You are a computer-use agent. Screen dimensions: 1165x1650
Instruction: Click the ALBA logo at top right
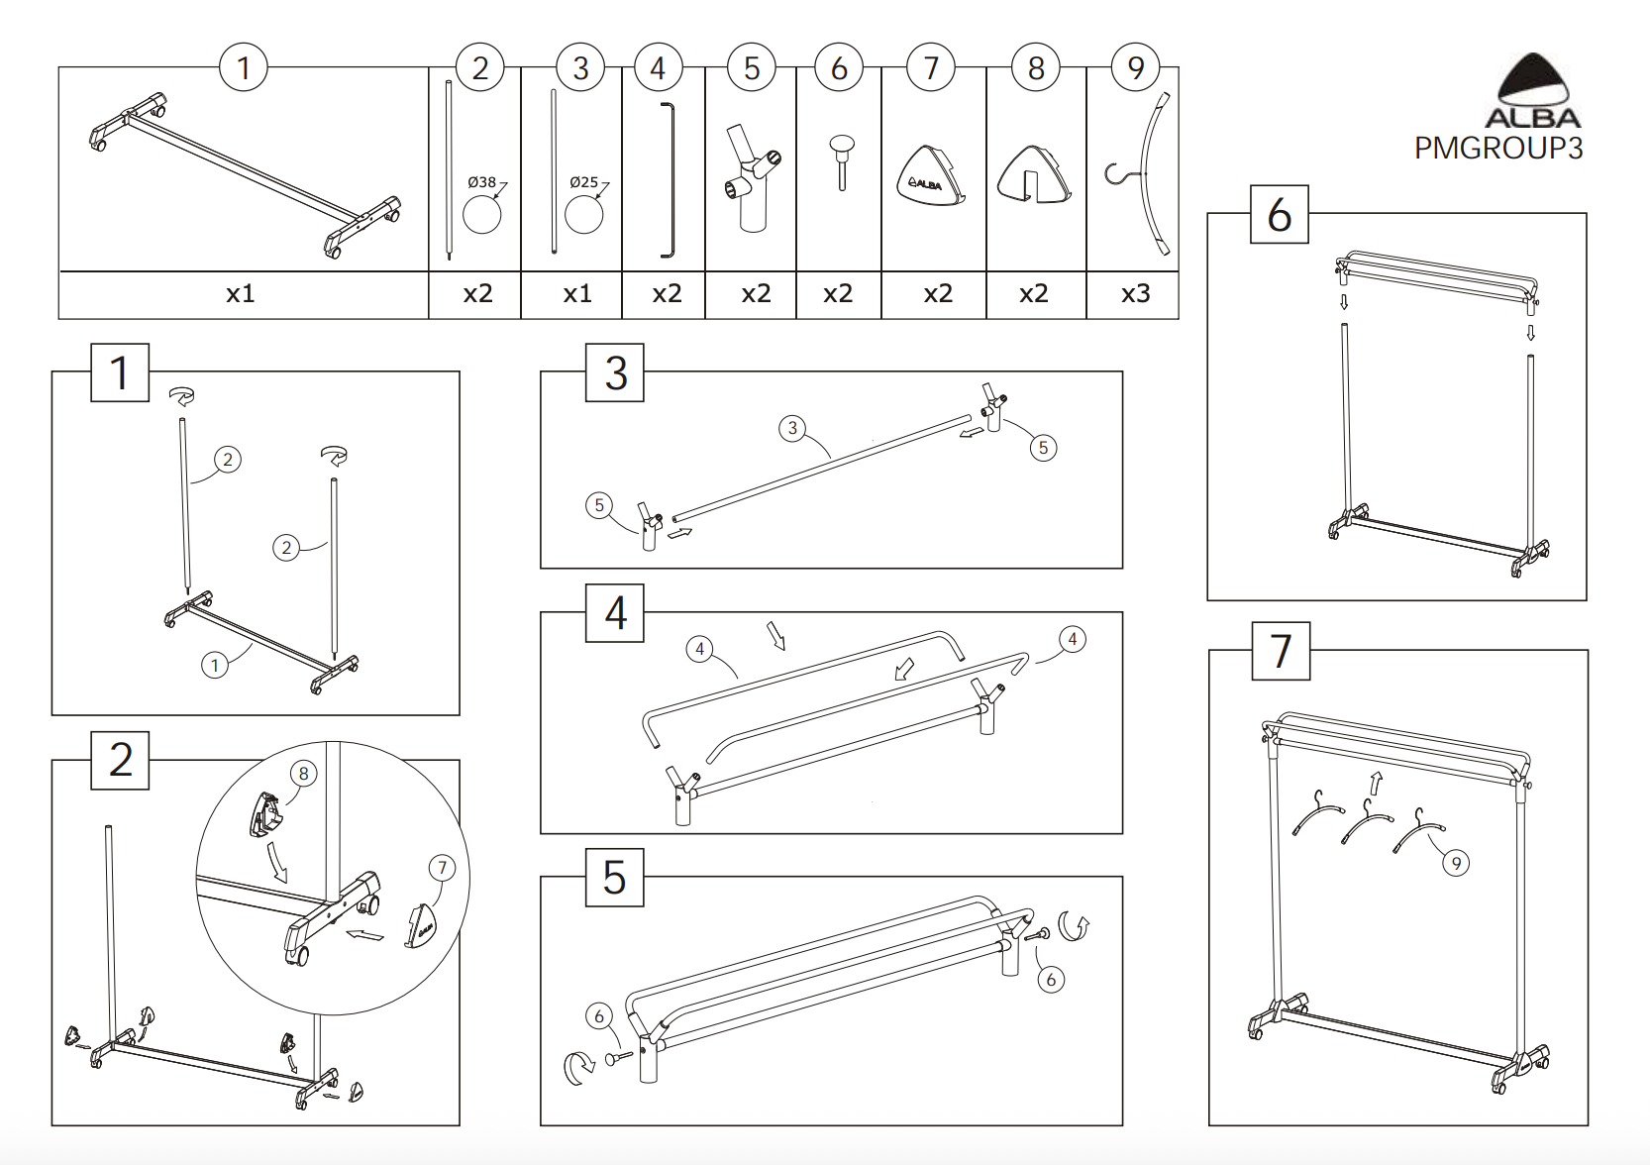click(x=1532, y=92)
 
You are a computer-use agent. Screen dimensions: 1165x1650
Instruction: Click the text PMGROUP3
click(x=1497, y=149)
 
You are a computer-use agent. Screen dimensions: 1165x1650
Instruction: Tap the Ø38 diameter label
click(x=481, y=182)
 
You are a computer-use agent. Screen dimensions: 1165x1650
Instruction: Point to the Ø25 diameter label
click(x=583, y=182)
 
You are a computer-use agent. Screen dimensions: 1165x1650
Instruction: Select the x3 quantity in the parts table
click(x=1135, y=294)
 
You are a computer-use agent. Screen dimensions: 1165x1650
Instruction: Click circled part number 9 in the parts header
click(x=1135, y=67)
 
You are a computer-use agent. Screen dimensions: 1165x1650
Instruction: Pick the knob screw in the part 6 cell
click(x=841, y=160)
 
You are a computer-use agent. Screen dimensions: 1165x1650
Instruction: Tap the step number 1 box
click(x=120, y=372)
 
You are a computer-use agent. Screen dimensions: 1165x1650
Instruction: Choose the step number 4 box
click(x=615, y=613)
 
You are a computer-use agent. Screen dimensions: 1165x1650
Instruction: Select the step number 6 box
click(x=1279, y=214)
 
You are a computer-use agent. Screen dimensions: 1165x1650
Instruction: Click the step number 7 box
click(x=1281, y=651)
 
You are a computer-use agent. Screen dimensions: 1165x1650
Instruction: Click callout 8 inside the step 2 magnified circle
click(x=303, y=774)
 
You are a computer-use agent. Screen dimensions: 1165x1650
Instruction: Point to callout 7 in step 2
click(x=442, y=869)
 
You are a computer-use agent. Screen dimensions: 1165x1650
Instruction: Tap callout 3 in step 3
click(x=791, y=428)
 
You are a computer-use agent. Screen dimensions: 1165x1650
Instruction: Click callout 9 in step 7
click(x=1455, y=863)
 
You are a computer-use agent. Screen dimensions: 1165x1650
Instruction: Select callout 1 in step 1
click(x=215, y=665)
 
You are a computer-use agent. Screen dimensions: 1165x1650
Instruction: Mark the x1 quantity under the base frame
click(x=241, y=294)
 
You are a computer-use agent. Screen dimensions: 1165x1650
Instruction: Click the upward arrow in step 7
click(x=1376, y=783)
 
